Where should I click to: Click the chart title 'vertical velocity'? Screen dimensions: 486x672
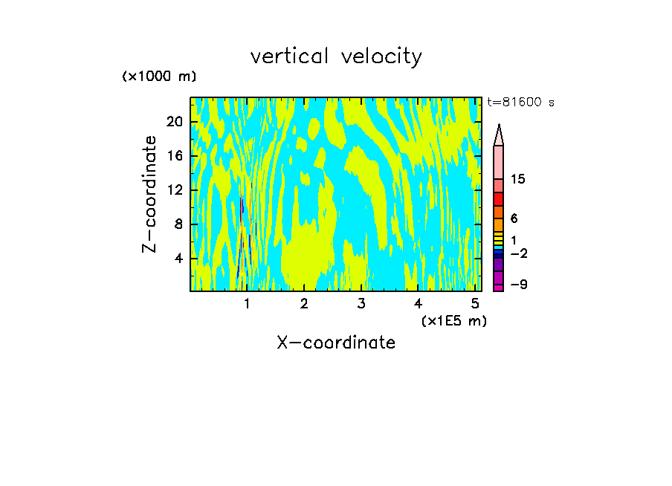(x=336, y=56)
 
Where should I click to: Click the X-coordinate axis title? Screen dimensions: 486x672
(x=336, y=343)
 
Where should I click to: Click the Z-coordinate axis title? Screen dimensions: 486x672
(x=150, y=194)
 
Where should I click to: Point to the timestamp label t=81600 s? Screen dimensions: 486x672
(x=520, y=103)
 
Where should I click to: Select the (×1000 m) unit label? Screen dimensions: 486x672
(x=159, y=77)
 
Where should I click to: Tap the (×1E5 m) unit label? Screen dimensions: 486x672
(x=453, y=320)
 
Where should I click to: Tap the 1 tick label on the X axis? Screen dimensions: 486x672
(x=247, y=304)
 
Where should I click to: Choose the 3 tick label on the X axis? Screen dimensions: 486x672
(x=361, y=304)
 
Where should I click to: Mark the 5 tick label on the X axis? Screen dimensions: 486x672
(x=475, y=304)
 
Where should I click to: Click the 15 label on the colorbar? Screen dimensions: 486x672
(x=518, y=179)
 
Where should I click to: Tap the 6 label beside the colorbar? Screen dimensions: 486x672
(x=514, y=218)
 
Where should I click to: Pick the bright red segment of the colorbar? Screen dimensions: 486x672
(x=499, y=199)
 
